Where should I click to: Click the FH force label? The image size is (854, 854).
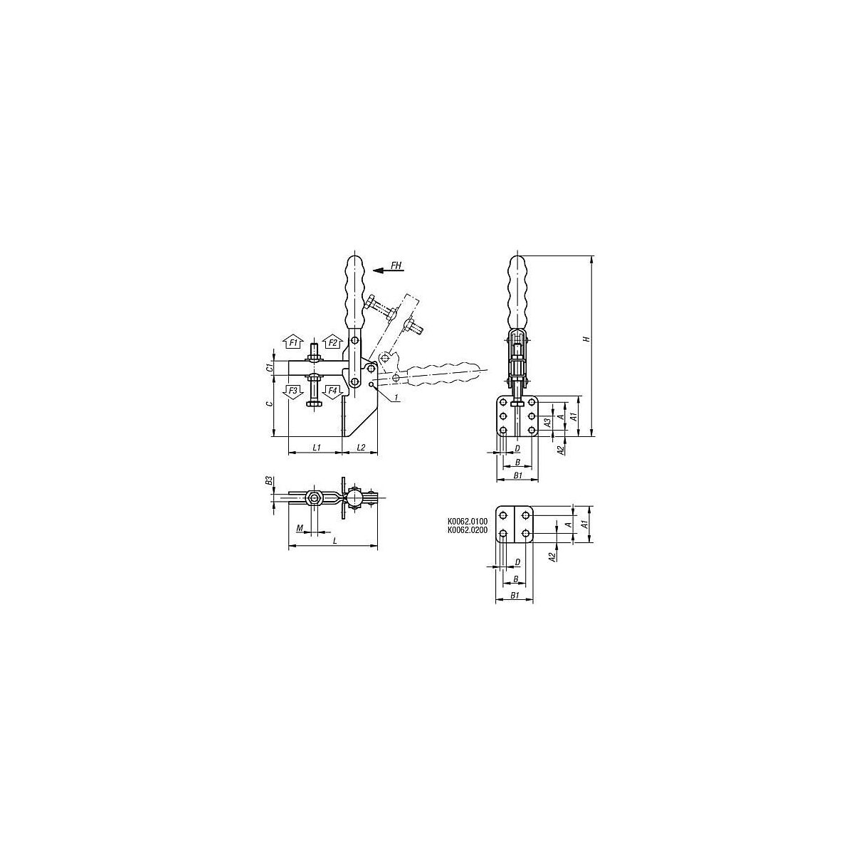396,265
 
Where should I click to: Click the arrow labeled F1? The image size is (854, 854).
293,342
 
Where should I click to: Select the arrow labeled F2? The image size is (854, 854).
332,342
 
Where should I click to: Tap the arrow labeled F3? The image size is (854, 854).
293,392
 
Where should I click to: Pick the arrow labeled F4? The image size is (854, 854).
332,392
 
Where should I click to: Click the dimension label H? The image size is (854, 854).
586,339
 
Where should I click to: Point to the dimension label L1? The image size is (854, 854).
317,448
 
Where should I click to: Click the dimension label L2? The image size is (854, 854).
361,448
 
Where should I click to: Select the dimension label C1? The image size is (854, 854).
268,368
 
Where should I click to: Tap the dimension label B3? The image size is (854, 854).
268,481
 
